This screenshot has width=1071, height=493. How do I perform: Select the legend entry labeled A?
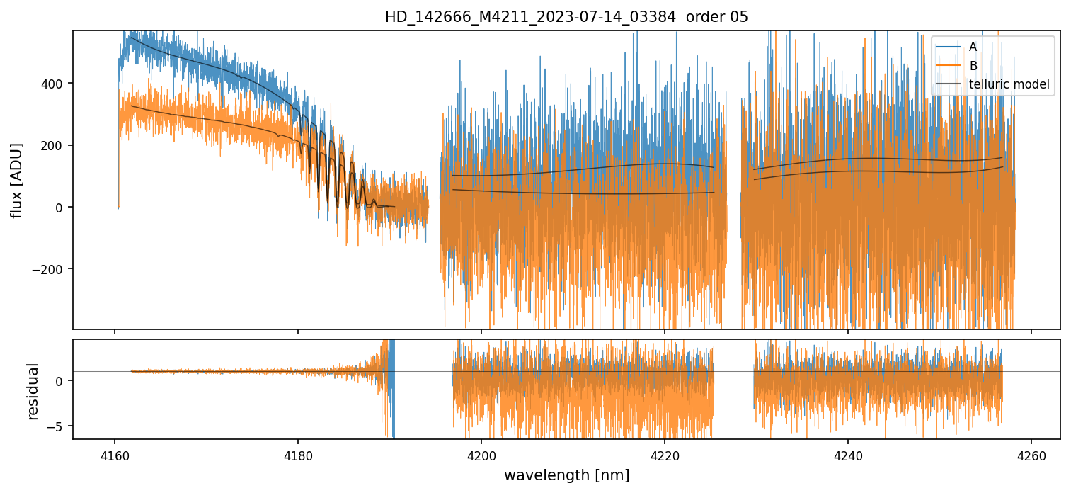click(x=973, y=47)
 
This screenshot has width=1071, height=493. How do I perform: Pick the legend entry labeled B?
click(x=973, y=66)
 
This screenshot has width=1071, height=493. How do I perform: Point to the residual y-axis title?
click(x=33, y=391)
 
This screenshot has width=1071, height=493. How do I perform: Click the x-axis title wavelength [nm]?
click(x=566, y=475)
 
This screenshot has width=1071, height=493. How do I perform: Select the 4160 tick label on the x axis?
click(x=115, y=453)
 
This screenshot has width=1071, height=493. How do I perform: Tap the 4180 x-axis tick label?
click(x=298, y=453)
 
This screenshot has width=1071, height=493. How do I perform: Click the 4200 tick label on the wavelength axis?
click(x=481, y=453)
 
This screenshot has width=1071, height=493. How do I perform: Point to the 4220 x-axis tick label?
click(x=665, y=453)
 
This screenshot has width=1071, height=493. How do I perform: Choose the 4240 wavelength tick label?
click(x=848, y=453)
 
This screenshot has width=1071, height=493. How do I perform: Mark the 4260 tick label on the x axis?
click(x=1031, y=453)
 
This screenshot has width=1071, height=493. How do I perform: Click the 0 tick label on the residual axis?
click(x=62, y=380)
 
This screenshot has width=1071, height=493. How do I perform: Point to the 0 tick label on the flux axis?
click(x=62, y=208)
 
